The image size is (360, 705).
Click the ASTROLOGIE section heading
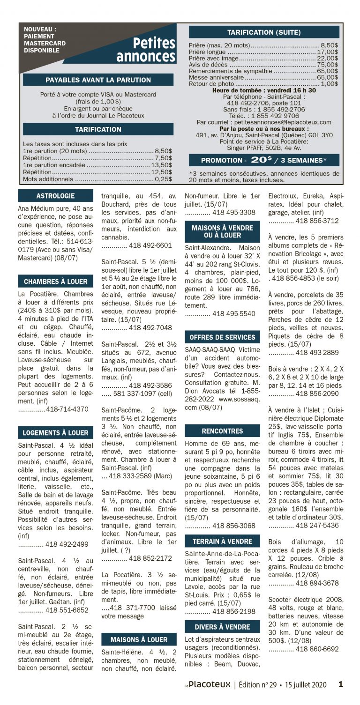point(55,196)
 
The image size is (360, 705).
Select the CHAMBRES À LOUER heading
point(55,282)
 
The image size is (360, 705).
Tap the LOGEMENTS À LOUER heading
point(55,433)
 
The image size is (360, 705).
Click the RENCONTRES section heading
point(222,431)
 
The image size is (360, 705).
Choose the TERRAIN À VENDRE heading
point(222,542)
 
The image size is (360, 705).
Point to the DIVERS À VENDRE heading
point(222,627)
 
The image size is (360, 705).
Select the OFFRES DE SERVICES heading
point(222,337)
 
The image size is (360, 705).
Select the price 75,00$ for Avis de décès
point(328,65)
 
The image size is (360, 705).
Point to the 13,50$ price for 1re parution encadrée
point(162,165)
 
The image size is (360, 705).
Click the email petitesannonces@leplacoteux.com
point(279,122)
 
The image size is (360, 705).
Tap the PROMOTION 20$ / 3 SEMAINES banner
point(263,160)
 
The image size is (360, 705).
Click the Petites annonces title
point(146,50)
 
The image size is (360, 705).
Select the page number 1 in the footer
point(341,684)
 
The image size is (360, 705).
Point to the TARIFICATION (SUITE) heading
point(263,32)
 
